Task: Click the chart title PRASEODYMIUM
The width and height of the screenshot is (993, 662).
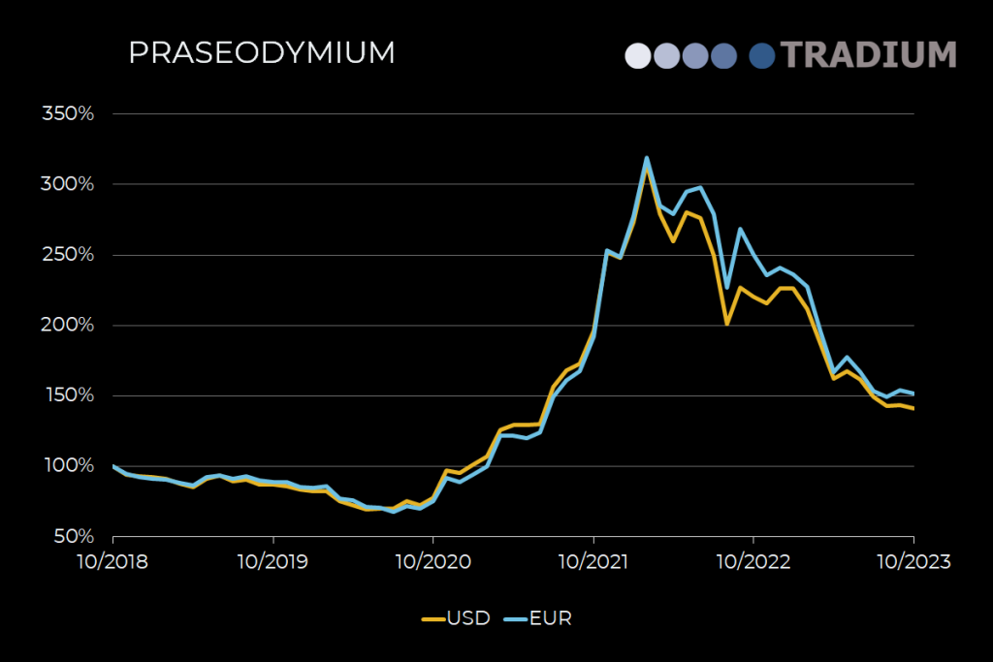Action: (x=261, y=53)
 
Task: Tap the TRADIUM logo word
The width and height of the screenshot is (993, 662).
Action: (x=868, y=54)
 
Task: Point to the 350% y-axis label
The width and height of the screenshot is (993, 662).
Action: (x=68, y=113)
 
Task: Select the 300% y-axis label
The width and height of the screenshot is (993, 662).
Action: (x=68, y=184)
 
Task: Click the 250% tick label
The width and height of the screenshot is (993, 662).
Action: (x=68, y=255)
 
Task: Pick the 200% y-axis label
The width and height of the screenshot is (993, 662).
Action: (x=68, y=325)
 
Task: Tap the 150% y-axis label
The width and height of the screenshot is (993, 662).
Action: (x=68, y=395)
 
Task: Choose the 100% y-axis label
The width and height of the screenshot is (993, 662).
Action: (x=68, y=466)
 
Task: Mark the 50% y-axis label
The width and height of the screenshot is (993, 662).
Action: (x=72, y=536)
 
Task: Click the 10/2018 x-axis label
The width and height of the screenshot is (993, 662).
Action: (x=113, y=561)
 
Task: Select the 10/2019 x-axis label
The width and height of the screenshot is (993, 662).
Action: (x=273, y=561)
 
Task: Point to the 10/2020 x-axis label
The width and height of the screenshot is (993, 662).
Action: (x=433, y=561)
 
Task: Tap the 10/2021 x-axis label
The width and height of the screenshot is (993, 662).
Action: (x=593, y=561)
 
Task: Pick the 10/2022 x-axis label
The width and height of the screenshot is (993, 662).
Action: (x=753, y=561)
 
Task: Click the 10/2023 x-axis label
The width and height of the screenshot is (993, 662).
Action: (x=913, y=561)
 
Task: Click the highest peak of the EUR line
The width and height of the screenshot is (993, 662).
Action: (x=646, y=158)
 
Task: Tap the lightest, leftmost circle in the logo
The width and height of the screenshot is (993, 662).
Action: (x=638, y=55)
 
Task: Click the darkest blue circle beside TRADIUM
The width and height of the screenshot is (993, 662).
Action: (x=763, y=55)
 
